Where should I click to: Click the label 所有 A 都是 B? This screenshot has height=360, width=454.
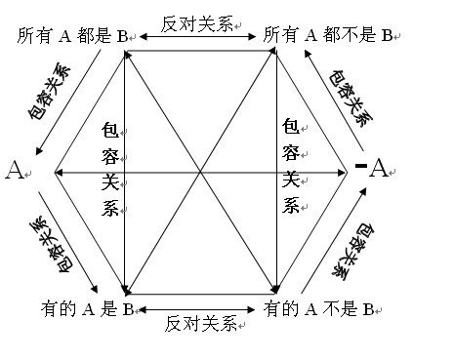[x=73, y=35]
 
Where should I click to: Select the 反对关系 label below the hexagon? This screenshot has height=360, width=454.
[x=200, y=322]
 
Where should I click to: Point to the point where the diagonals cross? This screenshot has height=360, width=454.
[x=200, y=172]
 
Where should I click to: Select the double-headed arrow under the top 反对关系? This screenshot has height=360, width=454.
[x=200, y=37]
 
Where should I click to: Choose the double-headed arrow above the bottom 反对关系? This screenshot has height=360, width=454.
[x=200, y=309]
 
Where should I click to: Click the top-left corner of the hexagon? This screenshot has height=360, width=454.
[x=125, y=53]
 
